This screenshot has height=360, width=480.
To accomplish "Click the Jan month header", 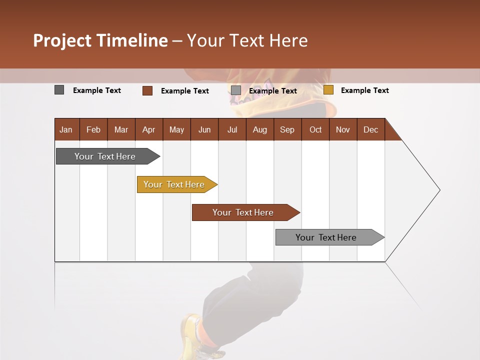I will pyautogui.click(x=66, y=129).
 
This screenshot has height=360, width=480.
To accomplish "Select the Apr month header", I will pyautogui.click(x=149, y=129).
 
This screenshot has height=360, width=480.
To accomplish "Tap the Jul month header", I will pyautogui.click(x=232, y=129).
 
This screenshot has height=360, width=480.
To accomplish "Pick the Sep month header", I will pyautogui.click(x=287, y=129).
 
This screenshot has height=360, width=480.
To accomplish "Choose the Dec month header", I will pyautogui.click(x=370, y=129).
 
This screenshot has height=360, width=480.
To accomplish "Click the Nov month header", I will pyautogui.click(x=342, y=129).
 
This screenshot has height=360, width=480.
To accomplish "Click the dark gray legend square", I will pyautogui.click(x=59, y=90).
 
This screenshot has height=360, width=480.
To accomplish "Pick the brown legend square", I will pyautogui.click(x=147, y=90).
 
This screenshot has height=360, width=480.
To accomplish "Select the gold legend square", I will pyautogui.click(x=328, y=90).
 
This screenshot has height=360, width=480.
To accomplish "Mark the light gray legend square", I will pyautogui.click(x=236, y=90).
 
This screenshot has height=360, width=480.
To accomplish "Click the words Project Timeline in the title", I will pyautogui.click(x=100, y=40).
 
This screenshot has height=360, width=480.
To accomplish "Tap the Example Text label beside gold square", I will pyautogui.click(x=364, y=90).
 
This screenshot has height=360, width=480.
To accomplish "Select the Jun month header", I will pyautogui.click(x=204, y=129).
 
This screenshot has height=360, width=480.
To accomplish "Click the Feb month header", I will pyautogui.click(x=93, y=129).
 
